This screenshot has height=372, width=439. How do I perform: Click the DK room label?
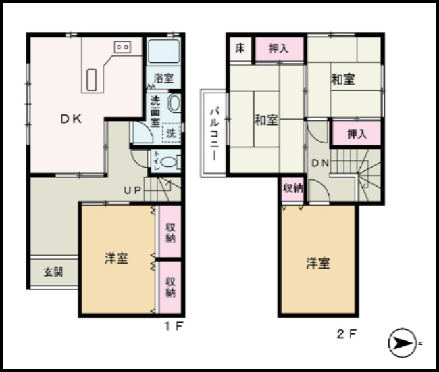(72, 119)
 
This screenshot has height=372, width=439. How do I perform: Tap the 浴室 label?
(163, 78)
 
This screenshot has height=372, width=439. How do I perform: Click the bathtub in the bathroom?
(163, 51)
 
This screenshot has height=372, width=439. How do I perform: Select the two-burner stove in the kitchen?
(123, 47)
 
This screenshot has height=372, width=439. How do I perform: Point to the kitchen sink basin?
(92, 80)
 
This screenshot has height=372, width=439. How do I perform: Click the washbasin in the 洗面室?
(174, 103)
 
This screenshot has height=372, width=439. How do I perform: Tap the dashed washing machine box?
(172, 133)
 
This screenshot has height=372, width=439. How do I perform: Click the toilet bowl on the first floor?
(169, 162)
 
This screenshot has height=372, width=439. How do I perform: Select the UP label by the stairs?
(132, 191)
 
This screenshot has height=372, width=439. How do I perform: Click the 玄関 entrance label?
(53, 272)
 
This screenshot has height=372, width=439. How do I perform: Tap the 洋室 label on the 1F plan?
(116, 258)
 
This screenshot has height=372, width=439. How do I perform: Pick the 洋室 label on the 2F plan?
(318, 263)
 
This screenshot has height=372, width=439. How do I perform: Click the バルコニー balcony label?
(215, 135)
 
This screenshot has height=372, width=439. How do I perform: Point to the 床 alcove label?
(240, 48)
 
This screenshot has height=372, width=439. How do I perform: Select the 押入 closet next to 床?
(279, 49)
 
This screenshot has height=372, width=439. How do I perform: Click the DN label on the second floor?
(320, 163)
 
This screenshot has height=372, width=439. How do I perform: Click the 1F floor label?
(174, 326)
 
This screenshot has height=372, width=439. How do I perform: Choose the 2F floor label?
(346, 334)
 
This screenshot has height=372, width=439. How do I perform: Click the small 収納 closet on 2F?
(292, 189)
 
